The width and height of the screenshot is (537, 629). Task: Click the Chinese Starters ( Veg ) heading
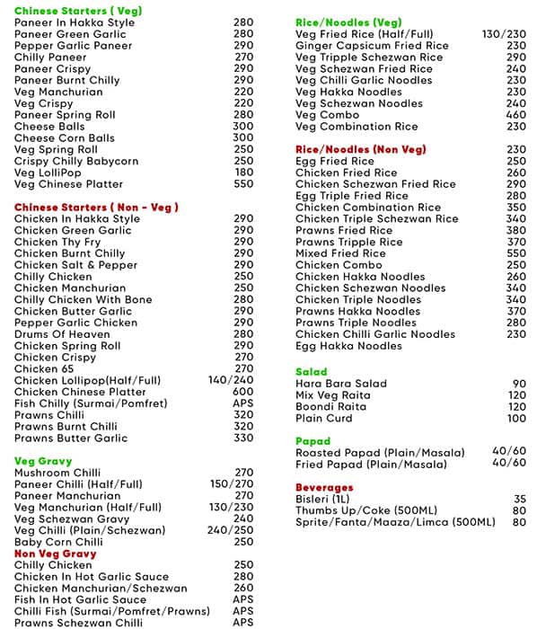(66, 10)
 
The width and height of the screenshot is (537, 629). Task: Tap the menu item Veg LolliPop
(48, 173)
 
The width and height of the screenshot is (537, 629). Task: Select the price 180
(243, 173)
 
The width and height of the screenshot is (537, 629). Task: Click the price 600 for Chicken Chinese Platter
(243, 392)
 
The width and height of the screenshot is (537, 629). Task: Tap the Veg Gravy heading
(43, 461)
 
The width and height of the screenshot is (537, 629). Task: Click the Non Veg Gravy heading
(55, 554)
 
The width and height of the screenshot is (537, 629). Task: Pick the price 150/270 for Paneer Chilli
(232, 484)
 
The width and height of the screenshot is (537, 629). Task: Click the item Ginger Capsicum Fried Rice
(373, 46)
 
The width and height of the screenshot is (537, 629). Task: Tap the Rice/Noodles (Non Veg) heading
(362, 150)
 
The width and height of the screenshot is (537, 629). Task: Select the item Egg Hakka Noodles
(348, 346)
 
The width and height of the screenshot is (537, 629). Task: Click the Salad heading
(312, 372)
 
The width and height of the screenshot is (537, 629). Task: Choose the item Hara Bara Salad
(341, 384)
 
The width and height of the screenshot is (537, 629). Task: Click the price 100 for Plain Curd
(516, 419)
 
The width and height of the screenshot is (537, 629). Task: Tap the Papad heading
(313, 442)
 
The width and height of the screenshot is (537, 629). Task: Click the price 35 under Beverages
(520, 500)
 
